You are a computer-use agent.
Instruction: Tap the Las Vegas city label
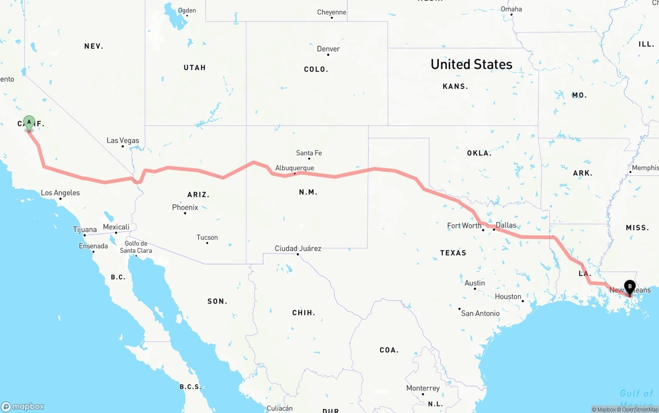pos(123,140)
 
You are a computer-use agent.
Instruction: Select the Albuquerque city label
pos(294,168)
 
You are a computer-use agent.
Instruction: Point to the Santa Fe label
pos(309,153)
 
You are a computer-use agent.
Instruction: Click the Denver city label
pos(328,49)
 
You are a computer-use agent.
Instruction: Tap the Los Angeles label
pos(60,193)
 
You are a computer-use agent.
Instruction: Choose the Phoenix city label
pos(185,207)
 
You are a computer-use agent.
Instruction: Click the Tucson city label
pos(207,237)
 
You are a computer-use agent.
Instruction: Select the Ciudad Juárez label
pos(298,248)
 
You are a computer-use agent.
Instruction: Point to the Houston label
pos(508,296)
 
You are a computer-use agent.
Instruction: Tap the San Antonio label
pos(480,313)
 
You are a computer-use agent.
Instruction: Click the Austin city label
pos(475,283)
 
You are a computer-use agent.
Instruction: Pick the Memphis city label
pos(645,168)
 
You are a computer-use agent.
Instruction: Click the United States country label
pos(471,64)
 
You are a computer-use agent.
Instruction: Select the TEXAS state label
pos(453,253)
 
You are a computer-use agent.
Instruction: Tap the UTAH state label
pos(195,67)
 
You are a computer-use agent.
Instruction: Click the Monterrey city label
pos(423,388)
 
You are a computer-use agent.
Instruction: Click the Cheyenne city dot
pos(332,18)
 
